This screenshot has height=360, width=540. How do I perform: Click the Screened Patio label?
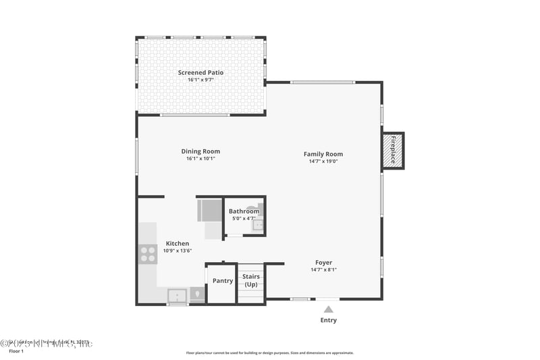click(200, 72)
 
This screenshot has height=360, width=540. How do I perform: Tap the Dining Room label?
click(200, 151)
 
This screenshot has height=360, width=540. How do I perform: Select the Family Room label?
click(323, 154)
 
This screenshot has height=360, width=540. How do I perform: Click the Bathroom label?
click(244, 211)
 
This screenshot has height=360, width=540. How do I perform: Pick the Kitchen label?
click(178, 243)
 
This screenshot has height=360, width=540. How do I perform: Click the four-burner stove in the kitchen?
click(148, 254)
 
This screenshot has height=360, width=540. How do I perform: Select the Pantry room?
click(222, 281)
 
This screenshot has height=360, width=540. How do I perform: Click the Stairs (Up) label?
click(251, 280)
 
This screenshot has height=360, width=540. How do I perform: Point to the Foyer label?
click(323, 263)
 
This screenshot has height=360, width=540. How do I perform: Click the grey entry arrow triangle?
click(328, 309)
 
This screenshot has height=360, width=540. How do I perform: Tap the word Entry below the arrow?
click(328, 320)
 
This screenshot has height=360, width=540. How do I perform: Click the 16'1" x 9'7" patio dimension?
click(200, 80)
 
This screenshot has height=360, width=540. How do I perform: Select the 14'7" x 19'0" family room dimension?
click(323, 161)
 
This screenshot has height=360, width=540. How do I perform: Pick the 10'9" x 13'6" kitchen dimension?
click(178, 251)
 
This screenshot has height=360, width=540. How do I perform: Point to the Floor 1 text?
click(16, 351)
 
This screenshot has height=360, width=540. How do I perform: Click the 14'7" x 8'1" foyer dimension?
click(323, 269)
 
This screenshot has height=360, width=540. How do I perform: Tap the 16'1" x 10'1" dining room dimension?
click(200, 159)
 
